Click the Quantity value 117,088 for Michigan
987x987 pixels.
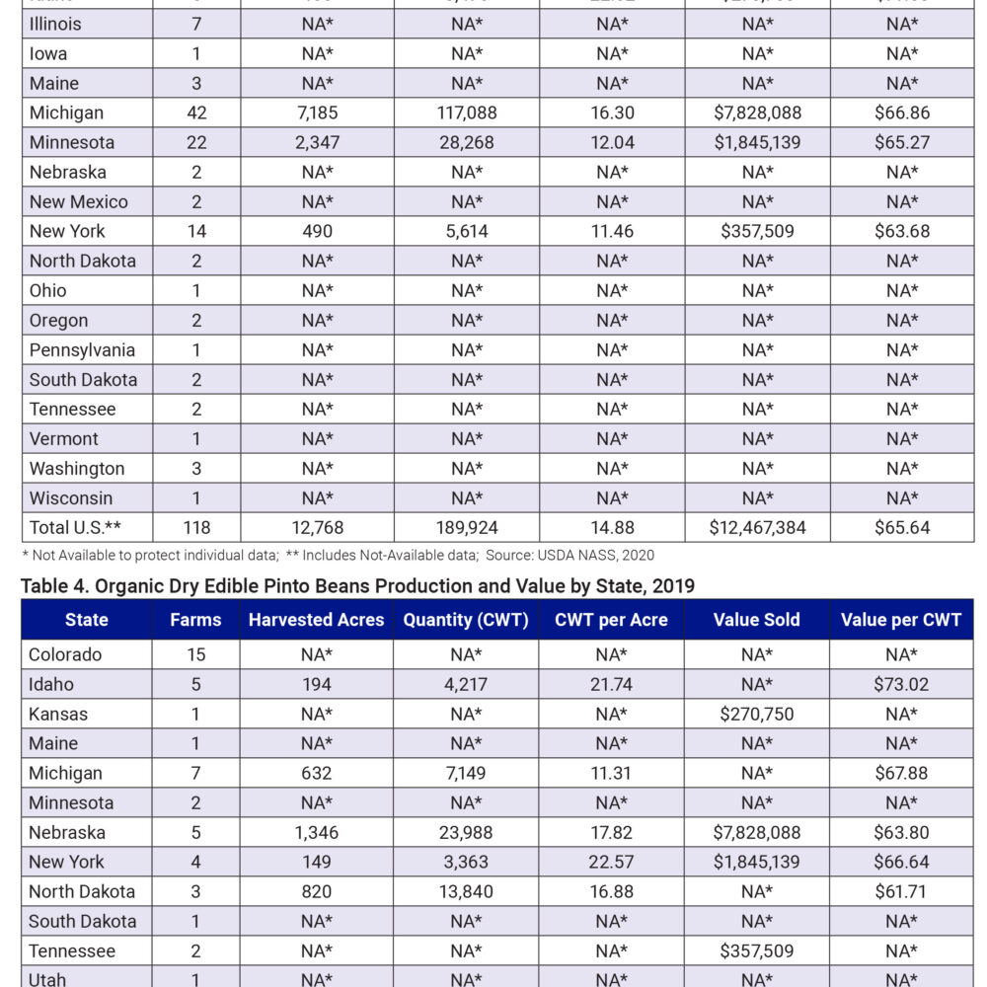pyautogui.click(x=466, y=113)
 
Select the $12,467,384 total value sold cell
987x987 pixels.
pyautogui.click(x=757, y=527)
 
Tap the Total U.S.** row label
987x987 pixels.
pyautogui.click(x=75, y=527)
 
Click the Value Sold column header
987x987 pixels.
pyautogui.click(x=757, y=620)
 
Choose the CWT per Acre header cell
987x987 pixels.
pyautogui.click(x=611, y=620)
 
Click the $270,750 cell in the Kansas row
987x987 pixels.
pyautogui.click(x=757, y=714)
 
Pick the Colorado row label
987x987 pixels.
pyautogui.click(x=65, y=654)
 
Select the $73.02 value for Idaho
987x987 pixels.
pyautogui.click(x=902, y=684)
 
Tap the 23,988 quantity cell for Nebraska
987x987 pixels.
pyautogui.click(x=466, y=832)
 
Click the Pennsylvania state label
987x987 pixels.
pyautogui.click(x=82, y=349)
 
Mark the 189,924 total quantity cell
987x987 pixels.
pyautogui.click(x=466, y=527)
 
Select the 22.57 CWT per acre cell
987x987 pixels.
pyautogui.click(x=611, y=862)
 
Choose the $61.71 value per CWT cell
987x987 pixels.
pyautogui.click(x=902, y=891)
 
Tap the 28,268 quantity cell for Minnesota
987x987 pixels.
pyautogui.click(x=466, y=142)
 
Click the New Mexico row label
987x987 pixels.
pyautogui.click(x=78, y=201)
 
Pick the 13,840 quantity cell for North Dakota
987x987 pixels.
pyautogui.click(x=466, y=891)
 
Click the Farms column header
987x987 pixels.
pyautogui.click(x=195, y=620)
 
